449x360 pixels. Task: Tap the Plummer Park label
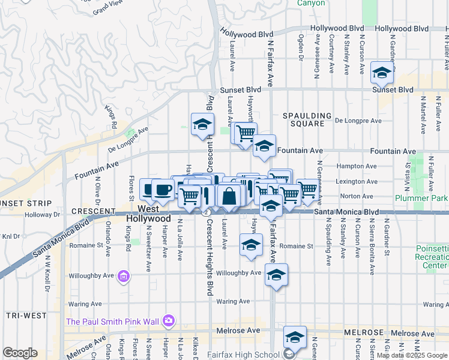click(421, 198)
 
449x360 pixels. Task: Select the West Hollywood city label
click(148, 214)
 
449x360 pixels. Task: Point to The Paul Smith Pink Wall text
click(112, 322)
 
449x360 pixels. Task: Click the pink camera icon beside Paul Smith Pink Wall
click(169, 321)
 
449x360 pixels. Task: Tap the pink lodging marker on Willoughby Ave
click(124, 276)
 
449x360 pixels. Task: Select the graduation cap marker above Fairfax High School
click(295, 338)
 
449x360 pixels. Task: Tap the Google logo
click(20, 353)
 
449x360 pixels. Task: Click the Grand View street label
click(108, 7)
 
